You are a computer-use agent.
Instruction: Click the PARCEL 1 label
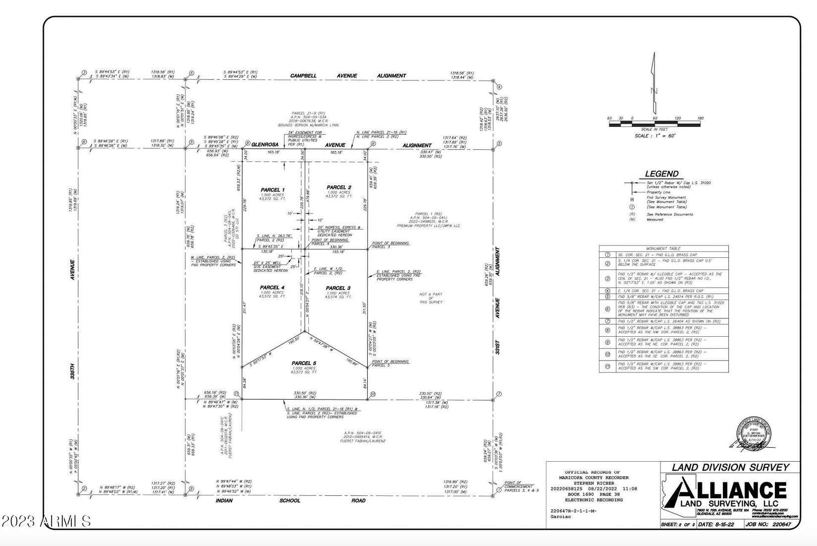click(272, 190)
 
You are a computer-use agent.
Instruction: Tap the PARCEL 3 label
click(338, 288)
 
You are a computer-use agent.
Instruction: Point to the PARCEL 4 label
click(272, 288)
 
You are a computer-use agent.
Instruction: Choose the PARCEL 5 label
click(304, 364)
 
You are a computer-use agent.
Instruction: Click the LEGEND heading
click(661, 174)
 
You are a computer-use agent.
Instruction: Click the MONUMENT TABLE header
click(663, 248)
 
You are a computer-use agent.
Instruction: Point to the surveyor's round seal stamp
click(754, 433)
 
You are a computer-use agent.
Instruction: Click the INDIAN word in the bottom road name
click(224, 500)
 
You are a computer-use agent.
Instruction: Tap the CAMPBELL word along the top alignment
click(303, 76)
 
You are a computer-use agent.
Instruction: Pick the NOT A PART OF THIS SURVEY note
click(431, 298)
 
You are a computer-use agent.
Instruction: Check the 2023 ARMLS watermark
click(46, 521)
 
